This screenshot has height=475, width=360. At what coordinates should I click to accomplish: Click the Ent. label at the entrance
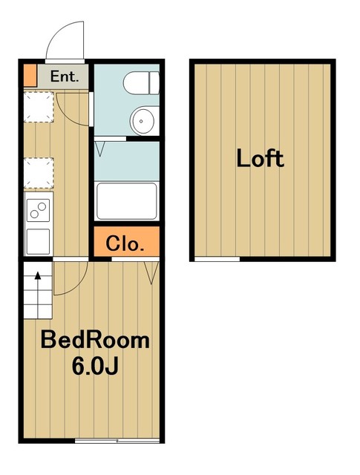tap(65, 76)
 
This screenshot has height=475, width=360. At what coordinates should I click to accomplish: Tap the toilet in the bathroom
tap(141, 82)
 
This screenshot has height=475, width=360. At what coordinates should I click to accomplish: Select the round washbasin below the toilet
tap(142, 121)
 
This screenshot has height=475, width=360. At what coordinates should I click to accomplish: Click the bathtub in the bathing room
tap(126, 201)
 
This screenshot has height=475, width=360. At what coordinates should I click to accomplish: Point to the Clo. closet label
tap(125, 243)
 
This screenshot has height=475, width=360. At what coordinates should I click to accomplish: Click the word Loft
tap(260, 158)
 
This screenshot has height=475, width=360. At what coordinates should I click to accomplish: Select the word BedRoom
tap(95, 341)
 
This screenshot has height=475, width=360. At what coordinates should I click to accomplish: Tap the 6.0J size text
tap(95, 366)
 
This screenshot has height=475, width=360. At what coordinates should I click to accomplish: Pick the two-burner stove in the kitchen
tap(38, 210)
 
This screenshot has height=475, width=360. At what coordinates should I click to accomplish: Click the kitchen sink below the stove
tap(38, 241)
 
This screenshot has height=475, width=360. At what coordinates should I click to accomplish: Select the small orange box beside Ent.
tap(30, 76)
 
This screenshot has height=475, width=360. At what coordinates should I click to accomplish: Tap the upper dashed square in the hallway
tap(39, 107)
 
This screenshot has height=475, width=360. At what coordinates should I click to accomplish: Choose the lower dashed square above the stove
tap(39, 173)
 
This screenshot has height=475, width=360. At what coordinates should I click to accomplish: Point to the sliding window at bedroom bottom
tap(117, 440)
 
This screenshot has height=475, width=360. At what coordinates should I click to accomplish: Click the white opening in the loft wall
tap(217, 259)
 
